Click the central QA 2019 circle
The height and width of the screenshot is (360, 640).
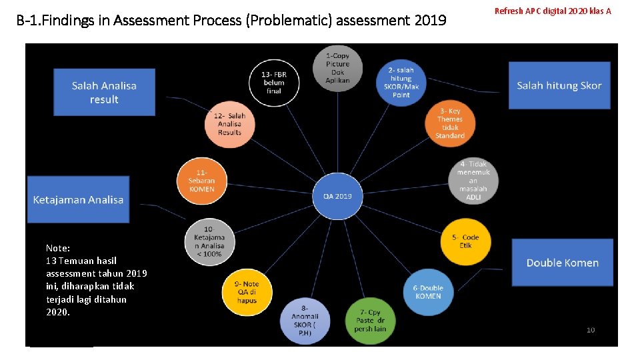(337, 196)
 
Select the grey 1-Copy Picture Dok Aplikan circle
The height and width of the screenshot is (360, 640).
(337, 68)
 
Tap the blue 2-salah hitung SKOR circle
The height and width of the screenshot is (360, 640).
(401, 82)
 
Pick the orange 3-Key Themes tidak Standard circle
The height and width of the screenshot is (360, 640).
(449, 123)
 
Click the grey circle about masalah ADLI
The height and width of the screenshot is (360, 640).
(473, 180)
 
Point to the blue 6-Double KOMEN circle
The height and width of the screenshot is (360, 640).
(428, 292)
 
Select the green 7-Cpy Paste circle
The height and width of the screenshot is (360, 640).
(371, 321)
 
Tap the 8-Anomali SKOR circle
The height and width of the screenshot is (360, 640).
(305, 320)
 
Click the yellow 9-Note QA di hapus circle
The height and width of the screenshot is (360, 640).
(247, 292)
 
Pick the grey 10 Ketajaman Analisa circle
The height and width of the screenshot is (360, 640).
(209, 241)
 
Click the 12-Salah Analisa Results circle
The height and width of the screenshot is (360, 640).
(229, 124)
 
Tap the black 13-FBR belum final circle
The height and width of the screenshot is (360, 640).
(273, 83)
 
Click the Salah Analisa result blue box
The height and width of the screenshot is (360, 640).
(104, 92)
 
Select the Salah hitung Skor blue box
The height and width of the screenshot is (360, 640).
(559, 85)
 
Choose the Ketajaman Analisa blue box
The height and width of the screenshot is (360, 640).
(78, 199)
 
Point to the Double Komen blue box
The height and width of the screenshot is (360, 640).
(562, 263)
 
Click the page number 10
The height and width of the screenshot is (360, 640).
(591, 330)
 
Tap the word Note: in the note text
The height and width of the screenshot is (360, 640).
(58, 247)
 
